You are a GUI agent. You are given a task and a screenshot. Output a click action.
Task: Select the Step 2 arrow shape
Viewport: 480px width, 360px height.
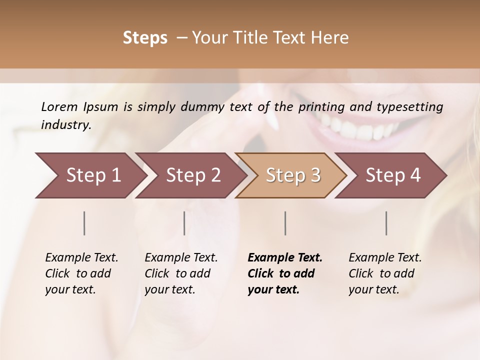[x=193, y=175]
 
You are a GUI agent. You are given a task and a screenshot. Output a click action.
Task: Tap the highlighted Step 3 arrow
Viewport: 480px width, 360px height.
[x=293, y=175]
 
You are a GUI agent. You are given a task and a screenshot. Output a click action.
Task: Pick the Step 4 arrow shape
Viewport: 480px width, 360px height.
[x=393, y=175]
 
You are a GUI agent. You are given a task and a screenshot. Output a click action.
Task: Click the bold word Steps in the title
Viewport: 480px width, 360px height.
[x=145, y=38]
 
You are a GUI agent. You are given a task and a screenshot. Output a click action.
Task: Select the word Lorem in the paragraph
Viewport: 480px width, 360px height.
[x=59, y=106]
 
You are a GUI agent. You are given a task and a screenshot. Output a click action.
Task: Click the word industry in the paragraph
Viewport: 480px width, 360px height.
[x=65, y=125]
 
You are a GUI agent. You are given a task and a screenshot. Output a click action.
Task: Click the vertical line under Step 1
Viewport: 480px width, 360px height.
[x=84, y=223]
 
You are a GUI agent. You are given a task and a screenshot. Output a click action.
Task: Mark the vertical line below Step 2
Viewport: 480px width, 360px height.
[x=184, y=223]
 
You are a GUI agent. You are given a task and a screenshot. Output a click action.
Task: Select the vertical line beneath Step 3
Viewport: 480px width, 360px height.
[x=285, y=223]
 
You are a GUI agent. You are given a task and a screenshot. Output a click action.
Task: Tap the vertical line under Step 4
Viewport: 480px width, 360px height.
[x=386, y=223]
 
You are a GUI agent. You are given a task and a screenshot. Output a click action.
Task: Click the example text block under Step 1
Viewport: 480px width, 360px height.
[x=81, y=273]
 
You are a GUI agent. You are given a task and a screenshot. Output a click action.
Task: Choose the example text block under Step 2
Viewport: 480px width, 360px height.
[x=181, y=273]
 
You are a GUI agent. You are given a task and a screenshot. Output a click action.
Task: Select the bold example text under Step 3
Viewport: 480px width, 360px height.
[x=285, y=273]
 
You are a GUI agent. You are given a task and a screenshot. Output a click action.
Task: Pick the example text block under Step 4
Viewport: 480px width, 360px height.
[x=385, y=273]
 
